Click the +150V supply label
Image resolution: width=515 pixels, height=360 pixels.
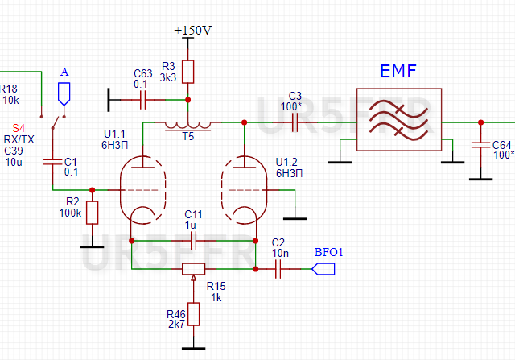point(193,31)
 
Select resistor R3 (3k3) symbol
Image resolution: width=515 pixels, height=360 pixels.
point(187,72)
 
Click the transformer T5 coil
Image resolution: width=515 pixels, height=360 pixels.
point(187,124)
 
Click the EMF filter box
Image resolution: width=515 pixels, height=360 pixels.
point(398,123)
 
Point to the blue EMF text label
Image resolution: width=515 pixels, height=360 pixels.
point(398,72)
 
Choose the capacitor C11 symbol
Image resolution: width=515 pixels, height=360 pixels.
point(193,239)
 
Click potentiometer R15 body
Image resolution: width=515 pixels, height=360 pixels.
point(193,269)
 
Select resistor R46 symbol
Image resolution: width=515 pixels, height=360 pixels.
point(193,314)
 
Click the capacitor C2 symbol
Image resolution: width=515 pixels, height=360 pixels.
point(279,269)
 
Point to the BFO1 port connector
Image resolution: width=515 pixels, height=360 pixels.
point(323,269)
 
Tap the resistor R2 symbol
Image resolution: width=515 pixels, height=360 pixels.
point(92,213)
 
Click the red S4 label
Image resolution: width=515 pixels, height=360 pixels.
point(19,128)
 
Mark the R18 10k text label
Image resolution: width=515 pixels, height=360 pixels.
point(10,94)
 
